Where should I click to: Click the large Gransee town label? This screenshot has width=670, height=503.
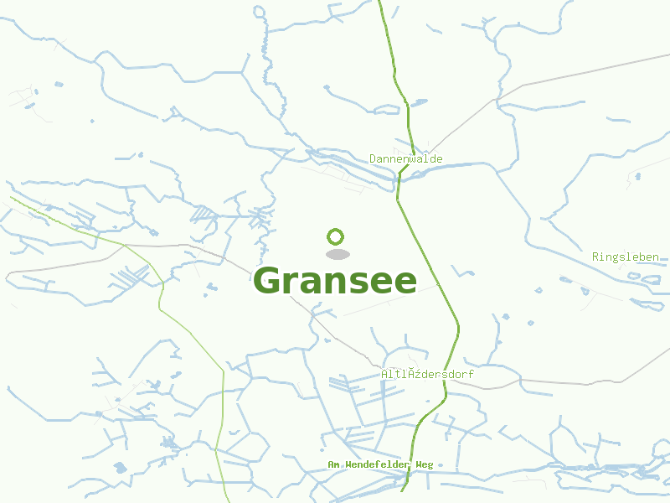coord(335,281)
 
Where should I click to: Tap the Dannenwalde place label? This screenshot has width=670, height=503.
coord(406,158)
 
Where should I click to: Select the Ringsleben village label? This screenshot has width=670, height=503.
coord(625,257)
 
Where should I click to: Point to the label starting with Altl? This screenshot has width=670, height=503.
coord(427,374)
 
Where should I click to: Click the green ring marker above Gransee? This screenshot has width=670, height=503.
coord(336,236)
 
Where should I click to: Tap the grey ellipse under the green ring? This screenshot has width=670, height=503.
coord(337,254)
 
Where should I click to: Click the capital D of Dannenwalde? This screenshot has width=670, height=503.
coord(373,158)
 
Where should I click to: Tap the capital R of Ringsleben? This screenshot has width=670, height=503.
coord(595,257)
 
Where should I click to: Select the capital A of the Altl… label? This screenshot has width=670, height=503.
coord(384,374)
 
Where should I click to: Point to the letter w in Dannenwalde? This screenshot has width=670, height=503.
coord(413,158)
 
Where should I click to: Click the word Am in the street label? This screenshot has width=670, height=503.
coord(332,464)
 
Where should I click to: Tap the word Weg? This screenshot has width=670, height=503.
coord(424,464)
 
